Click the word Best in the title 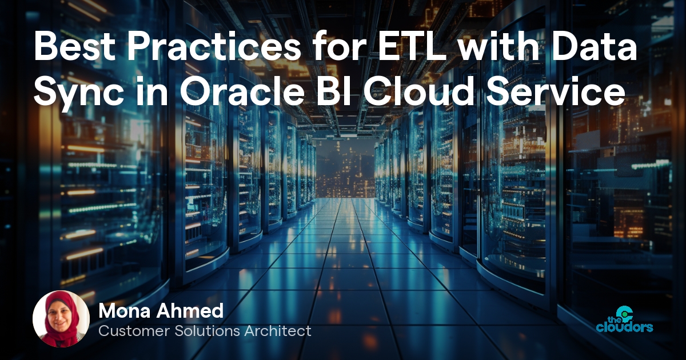(74, 47)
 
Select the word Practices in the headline (213, 47)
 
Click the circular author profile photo (61, 319)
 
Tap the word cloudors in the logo (624, 327)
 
